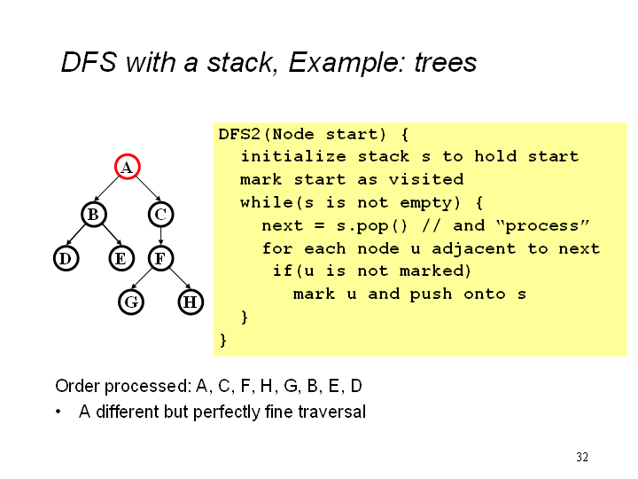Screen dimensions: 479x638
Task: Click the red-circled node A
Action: tap(127, 167)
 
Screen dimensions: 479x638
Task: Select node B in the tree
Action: tap(92, 214)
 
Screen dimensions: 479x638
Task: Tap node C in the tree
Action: tap(160, 214)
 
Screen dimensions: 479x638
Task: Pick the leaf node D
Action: tap(64, 258)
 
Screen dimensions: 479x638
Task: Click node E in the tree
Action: tap(121, 258)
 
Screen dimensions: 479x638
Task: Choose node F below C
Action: tap(160, 258)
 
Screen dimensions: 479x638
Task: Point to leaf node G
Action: tap(130, 302)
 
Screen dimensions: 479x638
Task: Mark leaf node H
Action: tap(190, 302)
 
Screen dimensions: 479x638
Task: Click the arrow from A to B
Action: tap(109, 191)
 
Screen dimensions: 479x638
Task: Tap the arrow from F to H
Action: tap(175, 280)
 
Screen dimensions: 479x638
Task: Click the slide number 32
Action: tap(582, 457)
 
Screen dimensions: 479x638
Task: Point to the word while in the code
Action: tap(266, 202)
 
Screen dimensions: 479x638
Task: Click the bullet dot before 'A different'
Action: tap(58, 412)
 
